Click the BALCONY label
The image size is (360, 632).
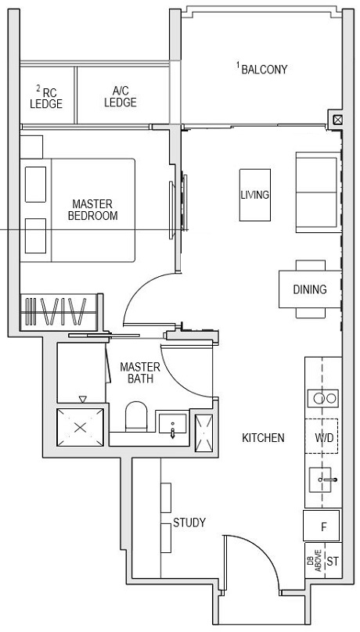point(264,69)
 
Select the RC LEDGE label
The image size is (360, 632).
point(47,97)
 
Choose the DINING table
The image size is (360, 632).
point(310,289)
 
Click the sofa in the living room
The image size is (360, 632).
point(317,186)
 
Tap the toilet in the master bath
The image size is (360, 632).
point(136,417)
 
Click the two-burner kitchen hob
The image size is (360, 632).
point(323,398)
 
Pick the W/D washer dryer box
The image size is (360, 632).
point(323,438)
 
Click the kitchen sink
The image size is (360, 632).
point(322,478)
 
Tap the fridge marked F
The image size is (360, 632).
point(323,526)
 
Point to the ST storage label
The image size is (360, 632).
point(332,562)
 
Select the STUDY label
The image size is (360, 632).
point(189,522)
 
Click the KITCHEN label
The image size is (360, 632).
point(263,438)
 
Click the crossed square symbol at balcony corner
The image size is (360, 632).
point(337,120)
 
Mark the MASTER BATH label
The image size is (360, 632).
point(139,372)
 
